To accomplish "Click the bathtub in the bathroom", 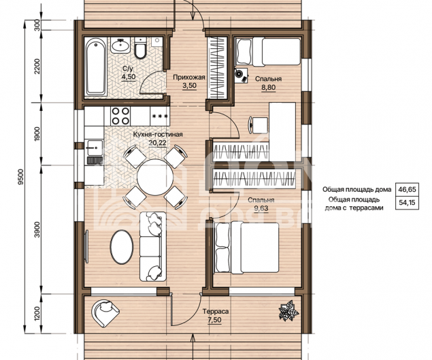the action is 96,67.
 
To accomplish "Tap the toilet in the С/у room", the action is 141,48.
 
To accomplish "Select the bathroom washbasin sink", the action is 120,45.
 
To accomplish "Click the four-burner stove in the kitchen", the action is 120,116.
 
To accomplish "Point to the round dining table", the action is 155,177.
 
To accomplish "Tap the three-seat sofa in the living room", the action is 153,246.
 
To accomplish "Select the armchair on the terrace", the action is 105,313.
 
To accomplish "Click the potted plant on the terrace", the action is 288,310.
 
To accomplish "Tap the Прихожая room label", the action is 189,77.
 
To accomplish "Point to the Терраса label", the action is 216,312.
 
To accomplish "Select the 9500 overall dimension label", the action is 21,177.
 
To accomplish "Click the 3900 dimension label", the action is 37,229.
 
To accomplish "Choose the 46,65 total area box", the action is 407,189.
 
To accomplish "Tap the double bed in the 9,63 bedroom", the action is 247,248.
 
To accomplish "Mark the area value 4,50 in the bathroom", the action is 129,77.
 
